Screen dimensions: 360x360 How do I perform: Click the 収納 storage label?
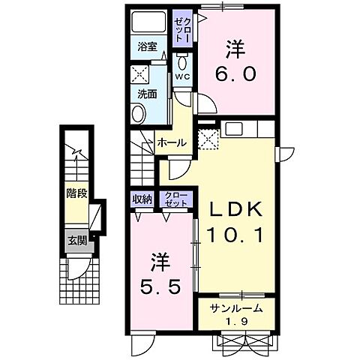coord(142,199)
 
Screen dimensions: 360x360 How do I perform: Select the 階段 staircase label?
coord(76,193)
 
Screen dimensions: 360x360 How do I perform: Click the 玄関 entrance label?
coord(76,241)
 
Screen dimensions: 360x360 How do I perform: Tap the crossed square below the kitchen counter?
coord(208,137)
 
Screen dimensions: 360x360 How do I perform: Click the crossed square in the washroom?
coord(139,74)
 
